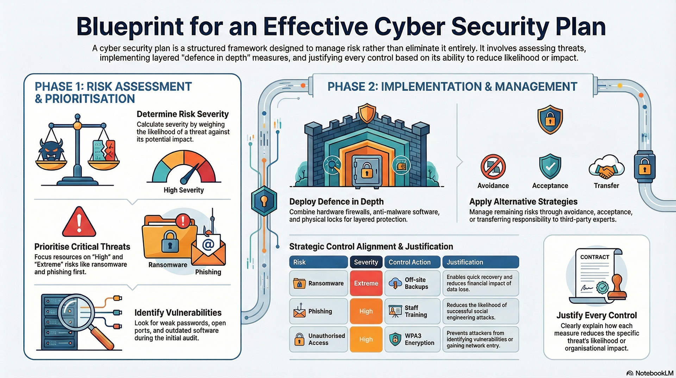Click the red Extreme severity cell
tap(366, 283)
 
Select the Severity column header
tap(366, 262)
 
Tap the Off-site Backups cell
tap(412, 283)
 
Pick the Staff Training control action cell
tap(412, 311)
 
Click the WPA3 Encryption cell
tap(412, 339)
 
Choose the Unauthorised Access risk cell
tap(318, 339)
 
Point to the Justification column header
tap(480, 262)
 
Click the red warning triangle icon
tap(79, 222)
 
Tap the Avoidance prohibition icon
tap(493, 166)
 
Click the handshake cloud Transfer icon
tap(606, 168)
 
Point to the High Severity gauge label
tap(183, 190)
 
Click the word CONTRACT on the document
tap(594, 257)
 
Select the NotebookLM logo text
tap(654, 373)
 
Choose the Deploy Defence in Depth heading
tap(336, 202)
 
